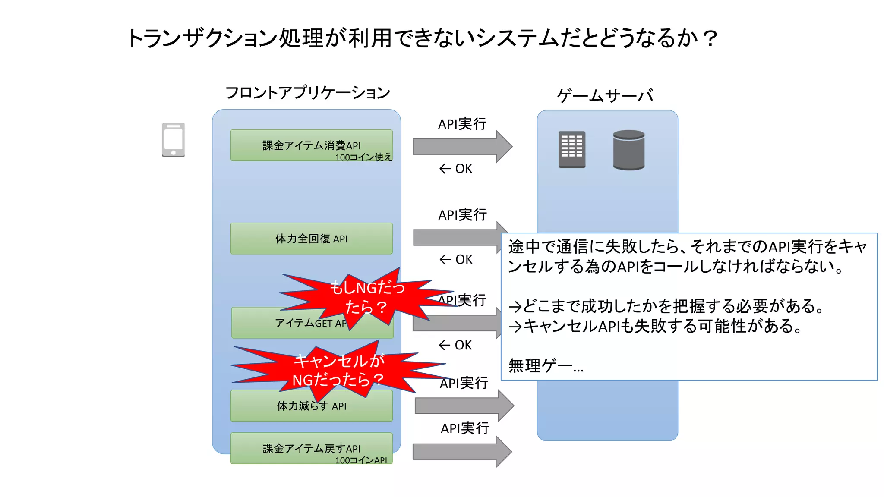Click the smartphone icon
point(173,140)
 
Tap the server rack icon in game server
point(571,149)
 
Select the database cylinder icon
point(628,150)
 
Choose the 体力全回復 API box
point(311,239)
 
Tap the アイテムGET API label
point(302,324)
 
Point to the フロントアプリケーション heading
point(307,92)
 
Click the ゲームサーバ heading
point(605,95)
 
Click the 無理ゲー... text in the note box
point(546,366)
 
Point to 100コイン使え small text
point(363,157)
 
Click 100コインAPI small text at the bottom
point(361,460)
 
